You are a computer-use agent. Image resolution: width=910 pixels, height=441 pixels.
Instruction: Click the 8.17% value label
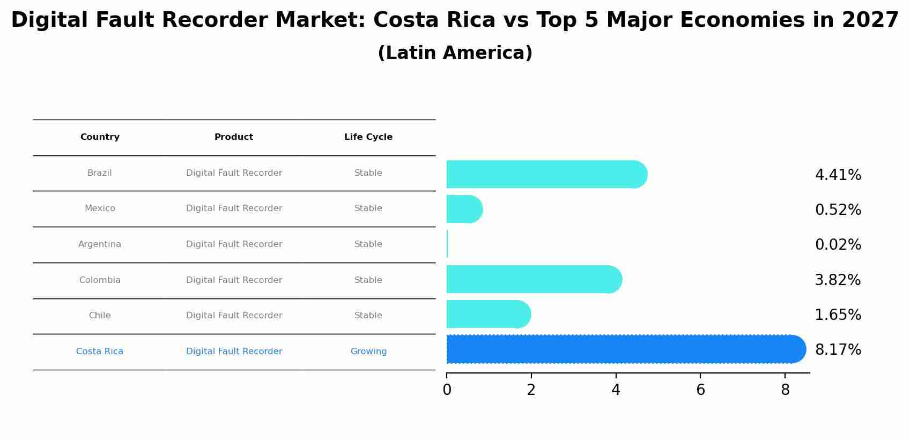point(838,350)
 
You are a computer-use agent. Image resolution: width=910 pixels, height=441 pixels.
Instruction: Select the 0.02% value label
point(838,245)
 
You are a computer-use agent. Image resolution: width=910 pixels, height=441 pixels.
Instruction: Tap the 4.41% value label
point(838,175)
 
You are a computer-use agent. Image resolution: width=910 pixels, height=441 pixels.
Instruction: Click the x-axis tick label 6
point(700,390)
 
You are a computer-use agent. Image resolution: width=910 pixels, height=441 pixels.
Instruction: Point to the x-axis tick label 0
point(447,390)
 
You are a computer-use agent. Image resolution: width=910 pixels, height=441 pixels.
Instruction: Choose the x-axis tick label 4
point(616,390)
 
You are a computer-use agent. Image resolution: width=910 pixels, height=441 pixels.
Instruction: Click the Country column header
point(100,137)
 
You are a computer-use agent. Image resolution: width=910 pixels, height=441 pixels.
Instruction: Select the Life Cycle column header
point(368,137)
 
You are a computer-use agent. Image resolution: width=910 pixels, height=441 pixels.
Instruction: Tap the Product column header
point(234,137)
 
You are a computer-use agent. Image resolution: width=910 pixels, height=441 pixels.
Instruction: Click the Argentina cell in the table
point(100,244)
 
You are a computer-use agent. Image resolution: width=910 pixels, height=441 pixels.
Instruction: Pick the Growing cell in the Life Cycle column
point(368,352)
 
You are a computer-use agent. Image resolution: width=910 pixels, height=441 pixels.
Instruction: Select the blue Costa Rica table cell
point(100,352)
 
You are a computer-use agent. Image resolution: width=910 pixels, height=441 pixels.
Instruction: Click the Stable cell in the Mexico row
point(368,208)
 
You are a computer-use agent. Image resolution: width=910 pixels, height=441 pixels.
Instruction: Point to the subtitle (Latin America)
point(455,53)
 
